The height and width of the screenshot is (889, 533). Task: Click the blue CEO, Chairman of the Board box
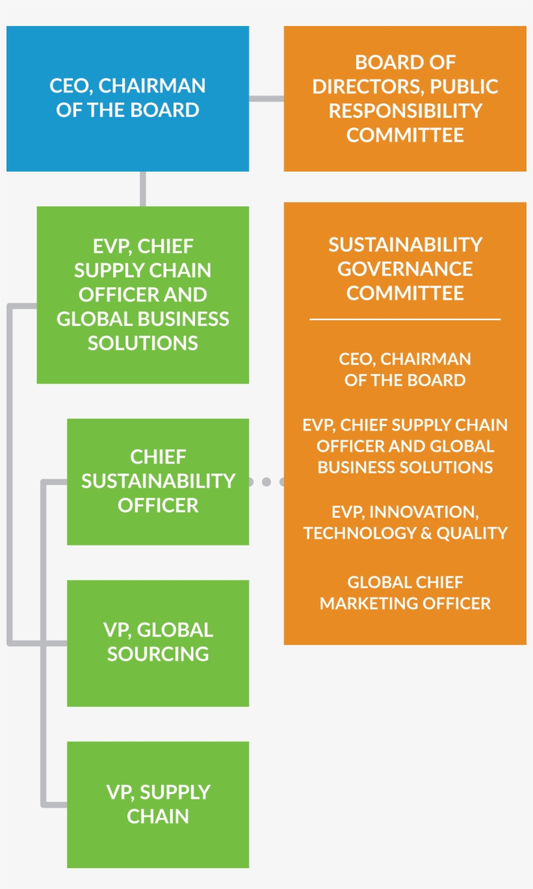tap(127, 98)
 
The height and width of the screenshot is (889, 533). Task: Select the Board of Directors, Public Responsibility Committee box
tap(405, 98)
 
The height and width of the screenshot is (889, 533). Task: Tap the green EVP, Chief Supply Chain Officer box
tap(143, 295)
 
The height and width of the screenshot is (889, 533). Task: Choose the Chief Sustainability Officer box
tap(158, 481)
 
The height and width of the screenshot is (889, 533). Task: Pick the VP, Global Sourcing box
tap(158, 643)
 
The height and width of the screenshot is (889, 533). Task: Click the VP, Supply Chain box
tap(158, 804)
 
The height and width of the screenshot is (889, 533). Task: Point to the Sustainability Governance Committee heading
tap(405, 269)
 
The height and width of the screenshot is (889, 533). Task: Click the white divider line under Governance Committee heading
tap(405, 319)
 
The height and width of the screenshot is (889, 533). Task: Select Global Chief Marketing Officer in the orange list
tap(405, 592)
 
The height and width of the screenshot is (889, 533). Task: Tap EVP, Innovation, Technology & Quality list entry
tap(405, 522)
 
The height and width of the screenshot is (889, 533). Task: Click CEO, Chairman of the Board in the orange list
tap(405, 369)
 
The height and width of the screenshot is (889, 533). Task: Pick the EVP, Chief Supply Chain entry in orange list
tap(405, 445)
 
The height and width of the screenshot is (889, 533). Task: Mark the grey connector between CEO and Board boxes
tap(266, 99)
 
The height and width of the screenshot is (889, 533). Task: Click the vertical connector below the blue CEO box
tap(143, 189)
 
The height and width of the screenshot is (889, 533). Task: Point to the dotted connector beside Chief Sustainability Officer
tap(266, 482)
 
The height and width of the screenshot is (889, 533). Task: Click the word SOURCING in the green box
tap(158, 654)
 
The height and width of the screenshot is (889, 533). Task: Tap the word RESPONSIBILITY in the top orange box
tap(405, 111)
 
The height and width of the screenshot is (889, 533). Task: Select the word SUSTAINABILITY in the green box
tap(158, 481)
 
